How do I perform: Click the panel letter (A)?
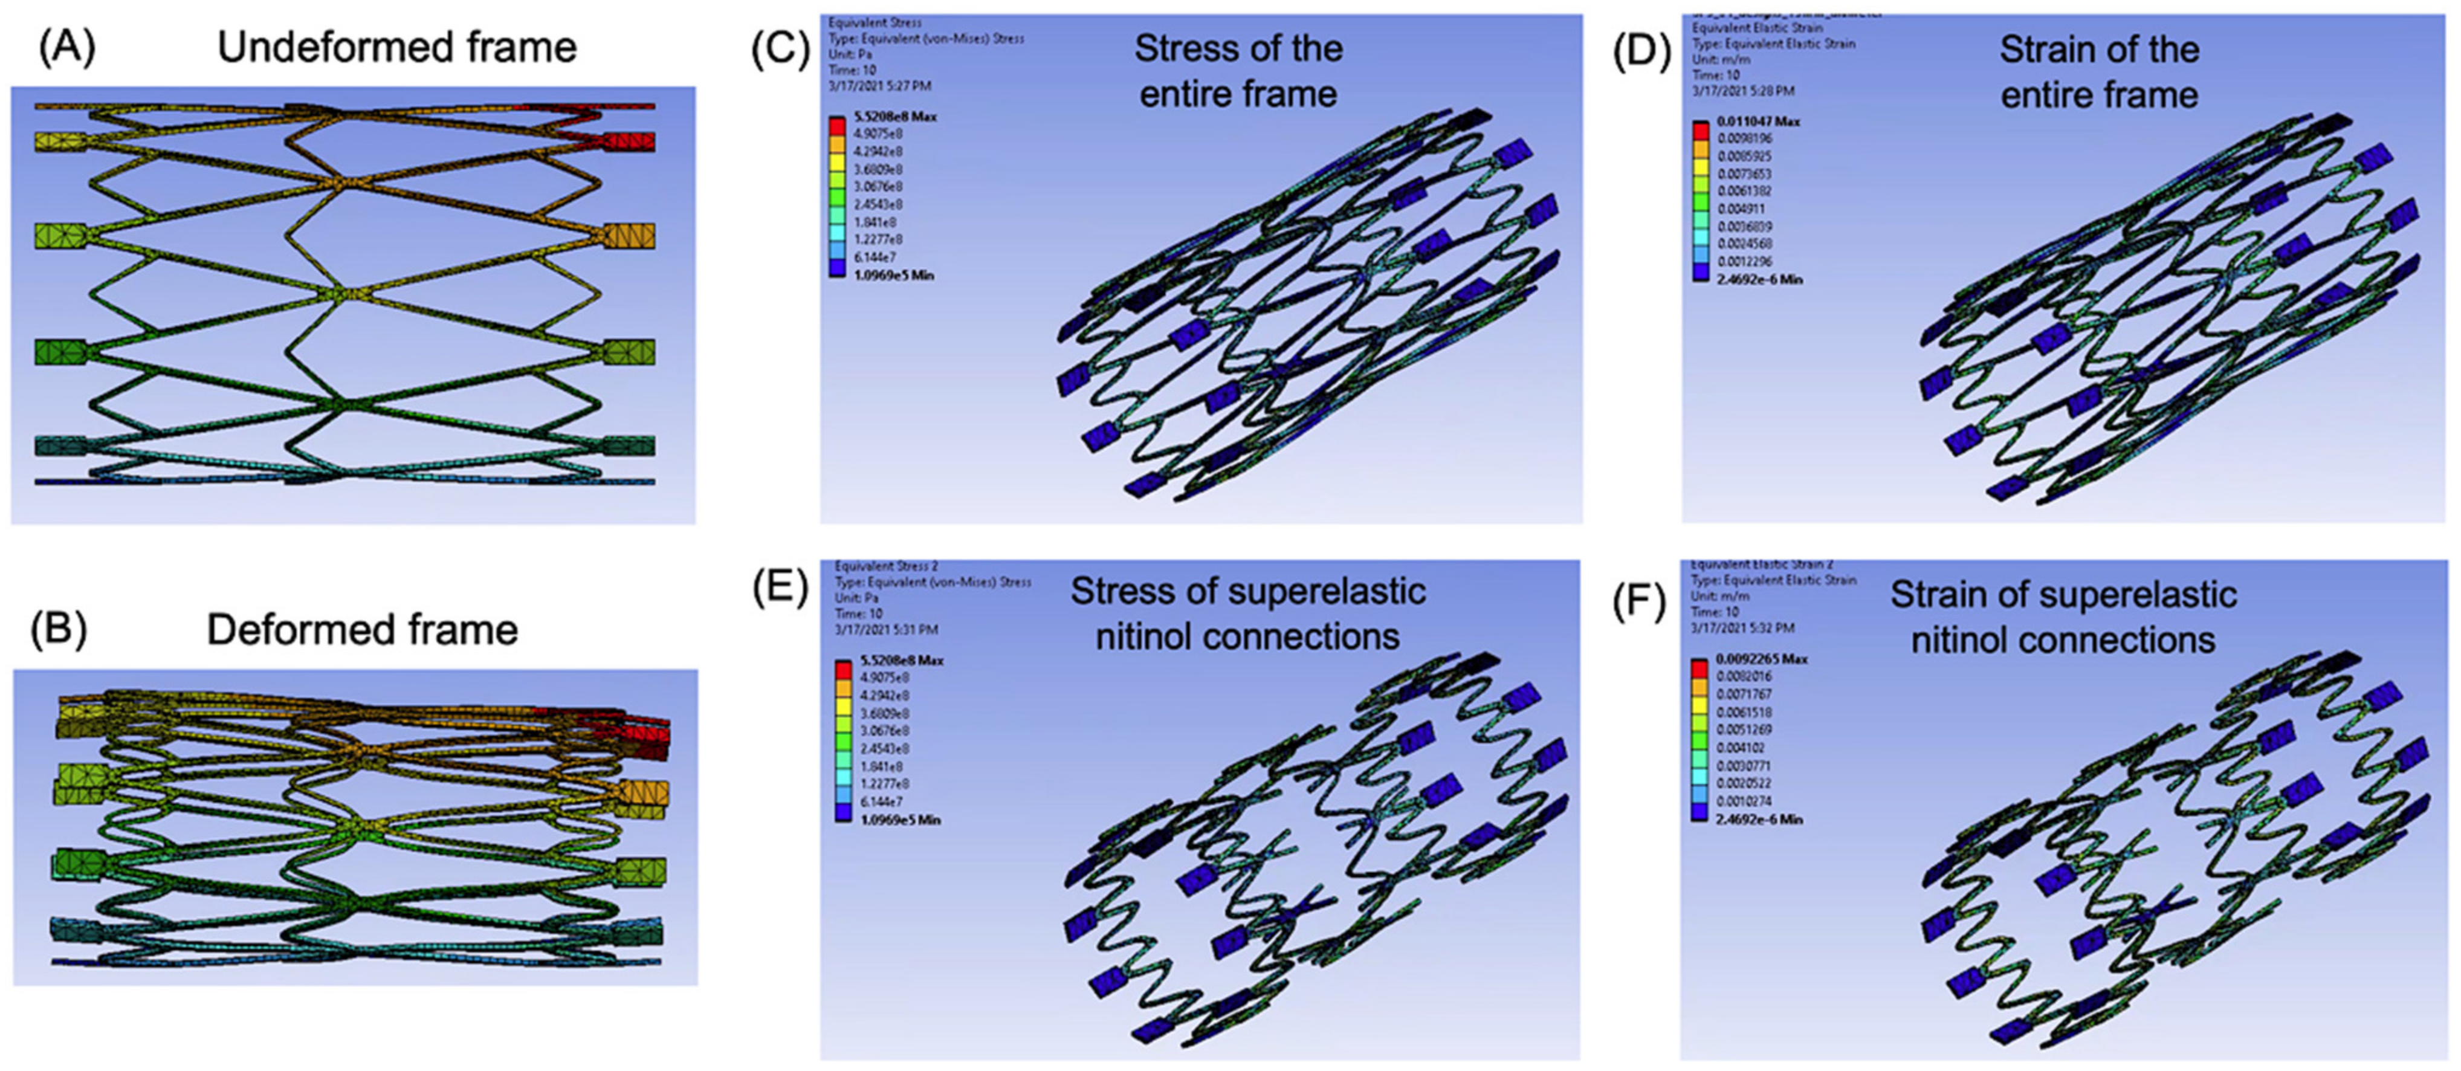coord(67,47)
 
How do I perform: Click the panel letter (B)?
coord(59,630)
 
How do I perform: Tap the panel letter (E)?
coord(780,589)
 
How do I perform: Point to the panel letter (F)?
coord(1640,601)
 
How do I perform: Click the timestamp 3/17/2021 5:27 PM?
coord(879,86)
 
